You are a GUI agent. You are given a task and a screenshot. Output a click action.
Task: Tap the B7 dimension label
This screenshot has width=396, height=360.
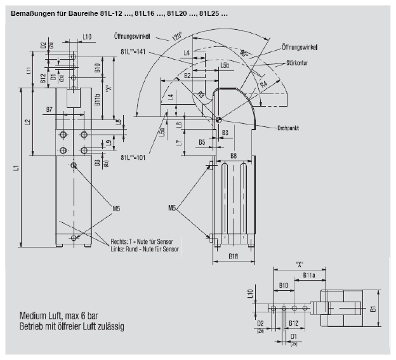(x=49, y=109)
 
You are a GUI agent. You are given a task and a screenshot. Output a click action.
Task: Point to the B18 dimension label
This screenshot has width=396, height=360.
(x=232, y=257)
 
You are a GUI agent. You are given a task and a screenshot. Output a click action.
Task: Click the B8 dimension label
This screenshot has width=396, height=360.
(x=234, y=155)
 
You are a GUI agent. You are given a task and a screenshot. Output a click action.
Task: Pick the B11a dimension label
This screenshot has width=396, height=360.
(x=309, y=275)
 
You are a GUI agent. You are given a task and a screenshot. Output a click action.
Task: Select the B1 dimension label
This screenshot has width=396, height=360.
(x=373, y=309)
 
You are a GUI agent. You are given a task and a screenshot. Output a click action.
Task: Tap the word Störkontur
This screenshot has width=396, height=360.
(x=299, y=63)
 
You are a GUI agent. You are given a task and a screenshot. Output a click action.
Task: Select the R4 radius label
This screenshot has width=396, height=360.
(x=263, y=83)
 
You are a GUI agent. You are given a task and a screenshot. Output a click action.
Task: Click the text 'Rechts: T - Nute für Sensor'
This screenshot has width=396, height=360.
(x=145, y=241)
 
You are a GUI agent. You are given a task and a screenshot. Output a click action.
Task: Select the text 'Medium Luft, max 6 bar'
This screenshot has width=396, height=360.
(x=63, y=316)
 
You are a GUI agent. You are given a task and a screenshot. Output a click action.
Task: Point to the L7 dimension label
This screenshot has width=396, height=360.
(x=180, y=143)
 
